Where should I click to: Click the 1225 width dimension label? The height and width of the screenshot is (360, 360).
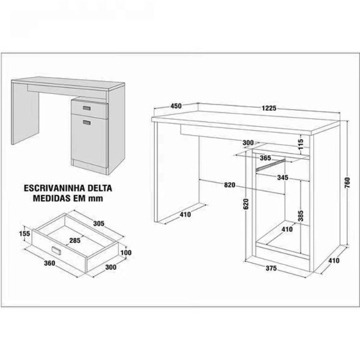[x=269, y=108]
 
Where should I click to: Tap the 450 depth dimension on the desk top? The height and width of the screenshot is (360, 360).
[x=176, y=106]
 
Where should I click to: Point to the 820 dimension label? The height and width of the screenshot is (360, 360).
[x=229, y=184]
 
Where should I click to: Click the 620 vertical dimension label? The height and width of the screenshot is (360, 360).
[x=246, y=204]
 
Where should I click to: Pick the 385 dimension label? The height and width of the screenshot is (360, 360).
[x=300, y=216]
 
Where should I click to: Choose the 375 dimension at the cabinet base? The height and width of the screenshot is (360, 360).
[x=271, y=268]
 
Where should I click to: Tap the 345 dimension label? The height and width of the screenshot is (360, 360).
[x=282, y=178]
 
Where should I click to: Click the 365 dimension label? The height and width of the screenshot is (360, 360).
[x=265, y=158]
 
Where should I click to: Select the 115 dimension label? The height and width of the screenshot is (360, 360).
[x=301, y=144]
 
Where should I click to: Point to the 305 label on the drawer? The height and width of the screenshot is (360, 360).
[x=99, y=223]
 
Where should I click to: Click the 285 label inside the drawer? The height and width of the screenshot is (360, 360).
[x=75, y=240]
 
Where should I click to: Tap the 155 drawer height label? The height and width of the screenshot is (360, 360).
[x=25, y=233]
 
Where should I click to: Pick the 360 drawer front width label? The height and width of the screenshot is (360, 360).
[x=49, y=263]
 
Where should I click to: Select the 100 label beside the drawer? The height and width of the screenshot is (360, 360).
[x=126, y=253]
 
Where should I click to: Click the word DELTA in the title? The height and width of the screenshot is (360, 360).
[x=99, y=188]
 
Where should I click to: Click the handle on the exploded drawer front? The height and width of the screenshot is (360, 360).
[x=56, y=250]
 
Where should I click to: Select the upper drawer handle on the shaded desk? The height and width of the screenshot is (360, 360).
[x=87, y=108]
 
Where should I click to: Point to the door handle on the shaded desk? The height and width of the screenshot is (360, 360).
[x=87, y=123]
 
